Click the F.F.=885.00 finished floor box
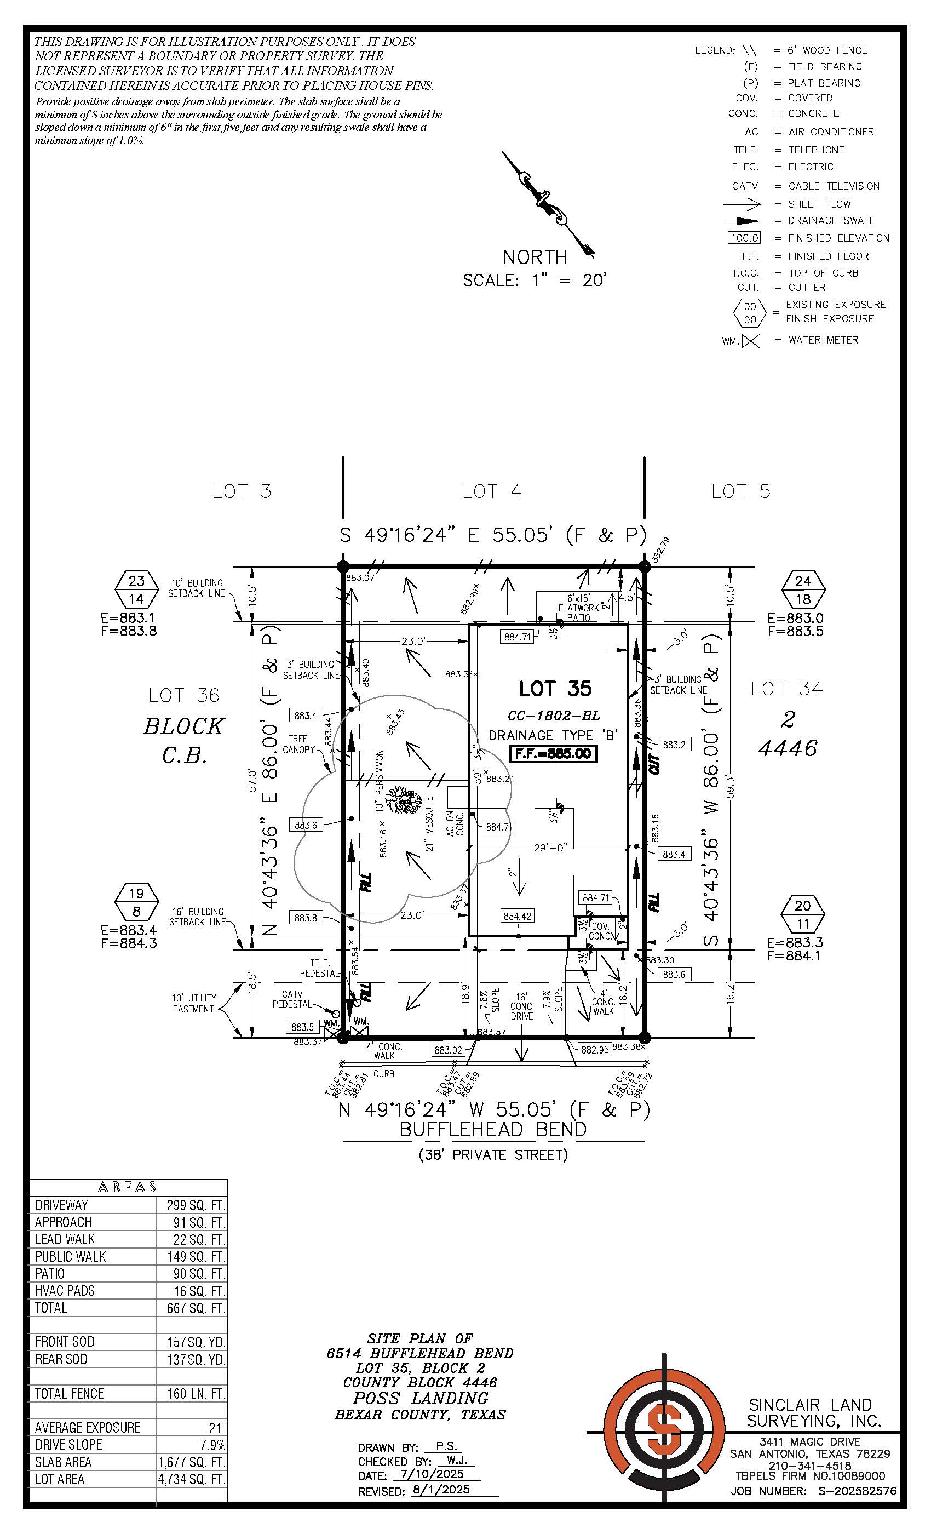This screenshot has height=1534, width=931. (x=553, y=753)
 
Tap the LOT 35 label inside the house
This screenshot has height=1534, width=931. (x=555, y=689)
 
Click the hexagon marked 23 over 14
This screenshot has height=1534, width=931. (x=136, y=589)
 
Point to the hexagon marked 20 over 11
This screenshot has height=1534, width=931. (x=803, y=914)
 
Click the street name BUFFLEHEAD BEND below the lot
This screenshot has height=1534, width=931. (x=493, y=1129)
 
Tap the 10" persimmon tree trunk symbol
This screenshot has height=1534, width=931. (x=401, y=800)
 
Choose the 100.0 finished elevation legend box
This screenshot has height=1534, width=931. (x=744, y=238)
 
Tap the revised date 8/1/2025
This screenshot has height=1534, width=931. (x=441, y=1490)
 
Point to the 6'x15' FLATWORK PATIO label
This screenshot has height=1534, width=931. (x=578, y=608)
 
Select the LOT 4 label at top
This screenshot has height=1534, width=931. (x=492, y=491)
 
